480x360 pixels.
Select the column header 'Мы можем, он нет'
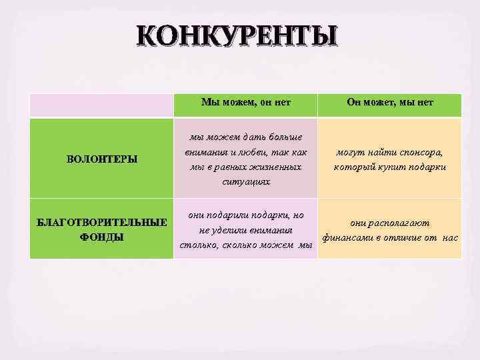[245, 102]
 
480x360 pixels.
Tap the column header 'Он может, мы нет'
[390, 102]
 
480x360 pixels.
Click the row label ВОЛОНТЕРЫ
[103, 159]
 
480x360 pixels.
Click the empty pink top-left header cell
[101, 105]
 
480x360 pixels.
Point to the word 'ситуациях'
[245, 181]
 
